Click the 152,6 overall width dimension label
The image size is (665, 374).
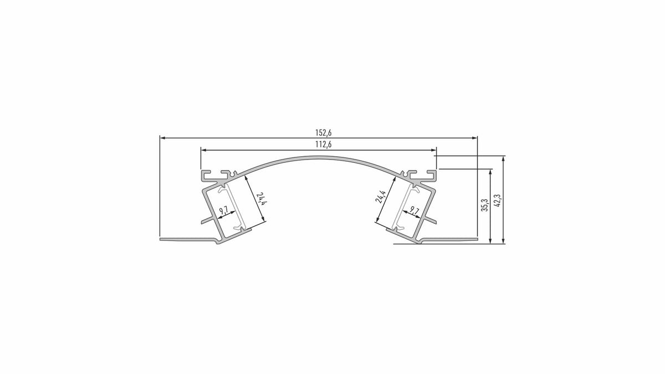coord(323,132)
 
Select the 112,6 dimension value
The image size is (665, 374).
coord(323,145)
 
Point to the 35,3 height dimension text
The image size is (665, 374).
coord(485,205)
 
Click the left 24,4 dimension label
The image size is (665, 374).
coord(260,199)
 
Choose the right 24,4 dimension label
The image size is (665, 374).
coord(381,196)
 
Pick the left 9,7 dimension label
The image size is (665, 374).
coord(223,211)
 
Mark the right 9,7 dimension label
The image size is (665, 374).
coord(415,211)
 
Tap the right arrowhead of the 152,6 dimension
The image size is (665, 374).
coord(474,138)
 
